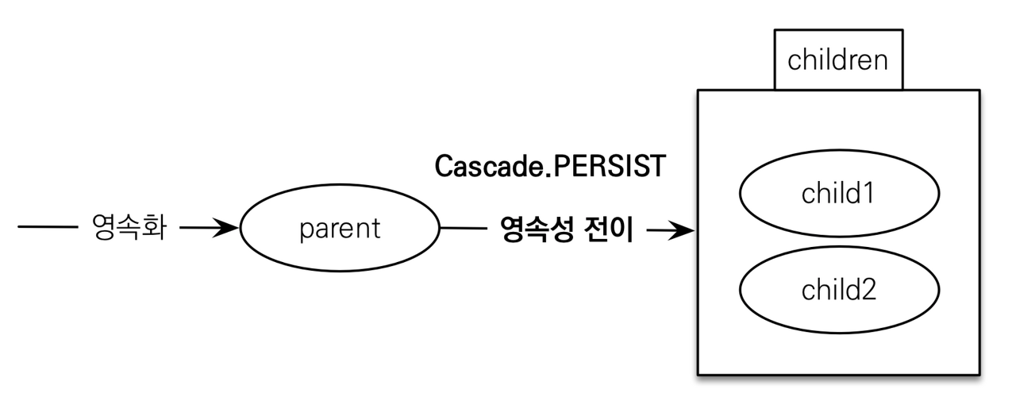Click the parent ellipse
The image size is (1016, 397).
(340, 229)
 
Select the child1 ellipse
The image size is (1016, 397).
(838, 194)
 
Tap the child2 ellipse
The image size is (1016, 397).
(838, 290)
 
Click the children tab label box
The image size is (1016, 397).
(838, 60)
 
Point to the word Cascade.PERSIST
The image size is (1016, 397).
(549, 167)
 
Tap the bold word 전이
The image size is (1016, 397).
(611, 230)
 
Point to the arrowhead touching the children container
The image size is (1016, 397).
(685, 231)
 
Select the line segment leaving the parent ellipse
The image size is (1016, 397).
(463, 229)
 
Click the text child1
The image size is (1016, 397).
(838, 194)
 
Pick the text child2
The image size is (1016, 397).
(838, 290)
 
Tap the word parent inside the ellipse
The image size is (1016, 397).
(340, 229)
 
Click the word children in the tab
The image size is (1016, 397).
(838, 60)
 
